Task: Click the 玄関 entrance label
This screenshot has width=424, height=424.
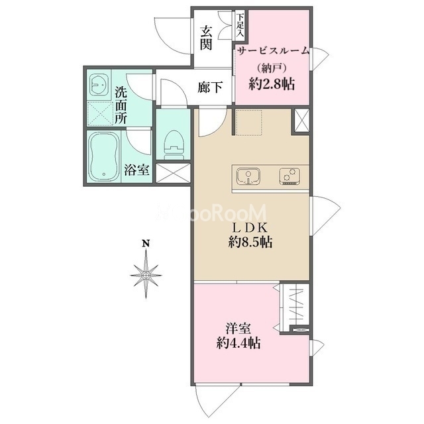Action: click(206, 38)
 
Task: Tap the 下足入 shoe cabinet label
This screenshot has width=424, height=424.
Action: click(240, 25)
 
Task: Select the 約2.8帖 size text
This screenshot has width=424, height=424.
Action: click(272, 84)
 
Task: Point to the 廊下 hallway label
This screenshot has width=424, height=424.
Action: click(210, 87)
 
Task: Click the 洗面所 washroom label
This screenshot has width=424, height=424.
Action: click(121, 105)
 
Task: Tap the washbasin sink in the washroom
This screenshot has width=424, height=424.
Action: click(99, 84)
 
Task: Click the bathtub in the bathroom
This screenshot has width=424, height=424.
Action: click(103, 157)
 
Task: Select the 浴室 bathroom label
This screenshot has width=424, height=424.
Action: click(136, 170)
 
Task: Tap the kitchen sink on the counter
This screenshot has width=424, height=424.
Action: click(248, 176)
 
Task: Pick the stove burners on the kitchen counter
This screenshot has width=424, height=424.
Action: click(290, 176)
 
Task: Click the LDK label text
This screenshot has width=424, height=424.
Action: click(250, 228)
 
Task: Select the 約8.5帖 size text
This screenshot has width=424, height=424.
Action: click(250, 242)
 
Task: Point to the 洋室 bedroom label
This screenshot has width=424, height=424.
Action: click(238, 329)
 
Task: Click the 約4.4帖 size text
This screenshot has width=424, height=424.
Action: click(238, 343)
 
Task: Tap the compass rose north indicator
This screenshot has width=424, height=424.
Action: click(146, 275)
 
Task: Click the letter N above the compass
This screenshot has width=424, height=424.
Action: click(146, 244)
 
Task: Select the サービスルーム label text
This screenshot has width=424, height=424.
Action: click(273, 51)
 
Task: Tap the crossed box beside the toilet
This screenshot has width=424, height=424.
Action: click(174, 173)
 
